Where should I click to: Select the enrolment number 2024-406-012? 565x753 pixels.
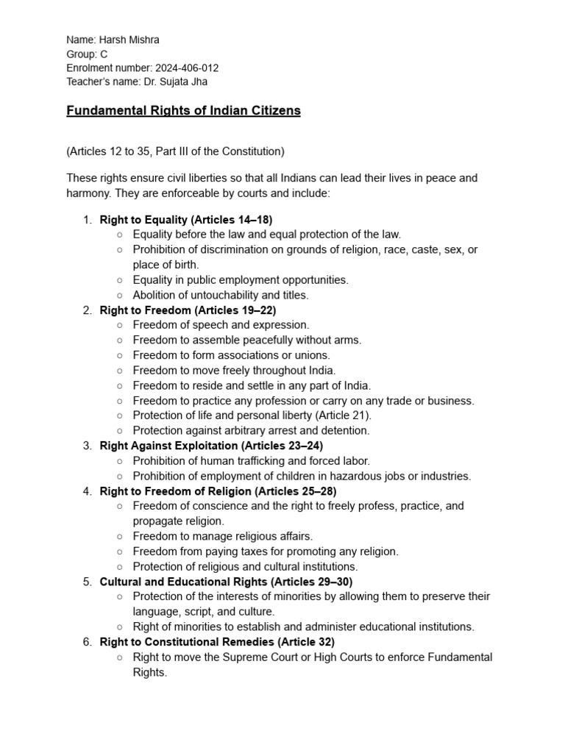tap(187, 68)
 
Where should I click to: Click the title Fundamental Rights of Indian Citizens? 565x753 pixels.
tap(183, 111)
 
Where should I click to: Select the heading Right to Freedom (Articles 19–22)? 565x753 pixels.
tap(188, 310)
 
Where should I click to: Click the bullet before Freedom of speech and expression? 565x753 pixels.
tap(120, 325)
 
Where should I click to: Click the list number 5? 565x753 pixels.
tap(87, 582)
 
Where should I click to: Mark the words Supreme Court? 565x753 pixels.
tap(271, 657)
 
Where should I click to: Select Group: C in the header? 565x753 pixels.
tap(87, 54)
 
